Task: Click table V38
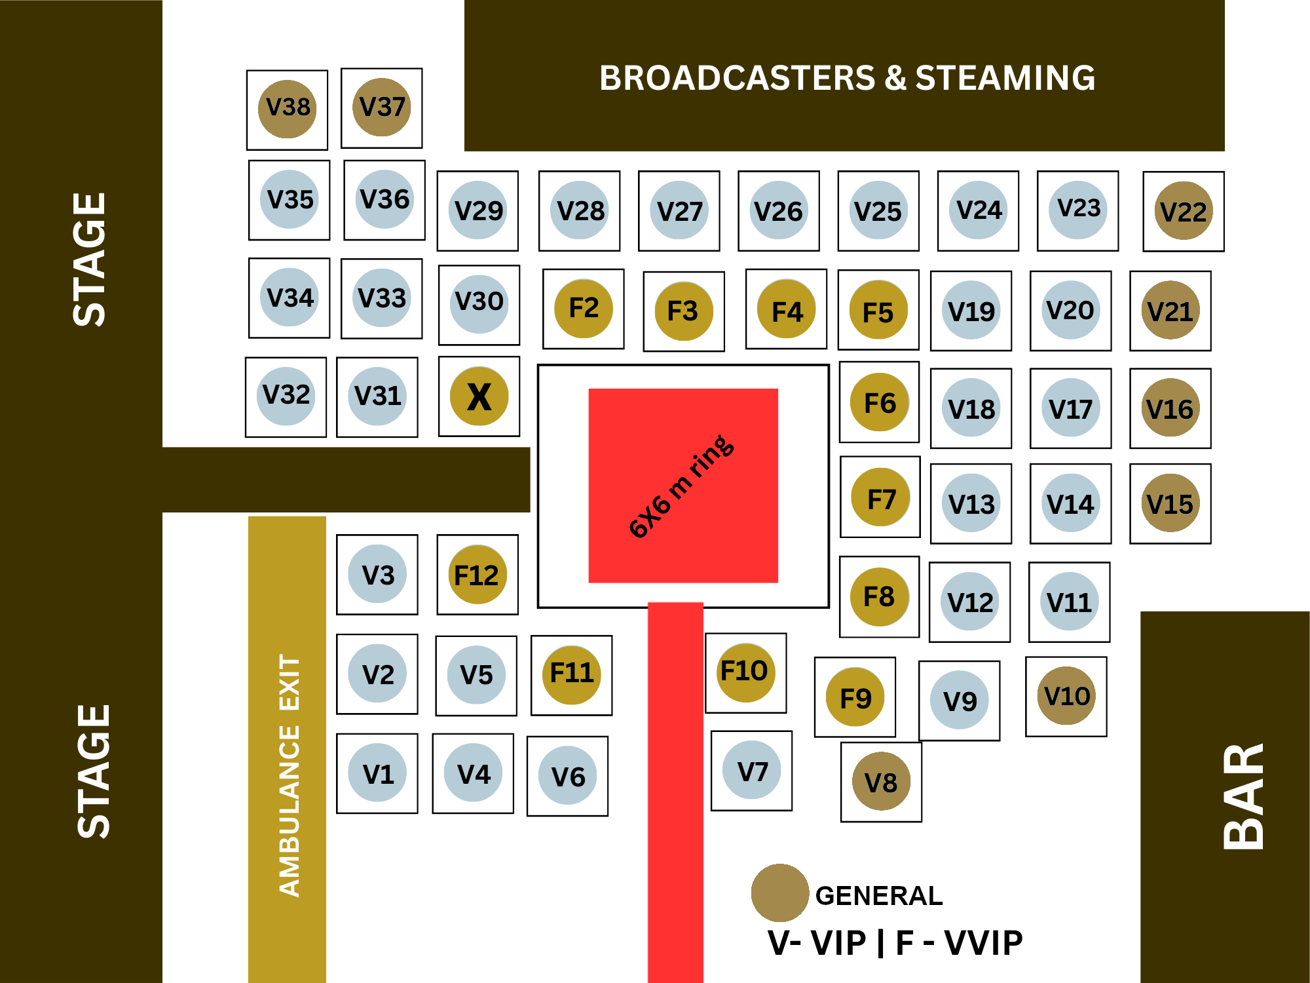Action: pyautogui.click(x=287, y=109)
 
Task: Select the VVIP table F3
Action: pyautogui.click(x=683, y=311)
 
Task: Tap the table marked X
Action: pyautogui.click(x=479, y=396)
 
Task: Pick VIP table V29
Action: pyautogui.click(x=477, y=210)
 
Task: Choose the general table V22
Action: pyautogui.click(x=1183, y=211)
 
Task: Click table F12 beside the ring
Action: pyautogui.click(x=477, y=575)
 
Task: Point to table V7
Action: pyautogui.click(x=751, y=771)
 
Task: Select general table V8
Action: pyautogui.click(x=881, y=782)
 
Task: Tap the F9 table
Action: pyautogui.click(x=855, y=697)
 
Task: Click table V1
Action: pyautogui.click(x=377, y=773)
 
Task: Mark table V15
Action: pyautogui.click(x=1170, y=503)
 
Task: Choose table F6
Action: pyautogui.click(x=879, y=402)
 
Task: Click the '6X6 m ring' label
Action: pyautogui.click(x=681, y=486)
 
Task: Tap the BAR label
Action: pyautogui.click(x=1243, y=796)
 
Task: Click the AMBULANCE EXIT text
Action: pyautogui.click(x=288, y=775)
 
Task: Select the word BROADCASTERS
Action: pyautogui.click(x=737, y=78)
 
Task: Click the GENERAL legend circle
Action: pyautogui.click(x=779, y=893)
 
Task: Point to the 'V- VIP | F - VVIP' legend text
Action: pyautogui.click(x=895, y=943)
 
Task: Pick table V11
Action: pyautogui.click(x=1069, y=602)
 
